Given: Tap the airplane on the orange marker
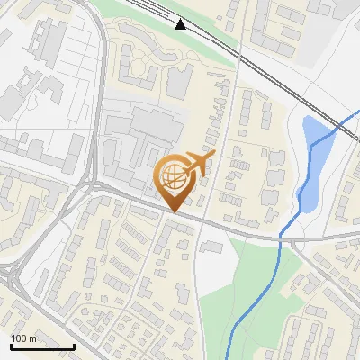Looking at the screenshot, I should click(198, 163).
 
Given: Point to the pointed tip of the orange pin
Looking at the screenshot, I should click(175, 211).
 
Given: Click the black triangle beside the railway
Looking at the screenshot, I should click(181, 24).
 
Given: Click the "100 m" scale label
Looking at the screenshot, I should click(23, 337).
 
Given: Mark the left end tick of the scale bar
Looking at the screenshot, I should click(11, 346).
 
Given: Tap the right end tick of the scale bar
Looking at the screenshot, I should click(74, 346).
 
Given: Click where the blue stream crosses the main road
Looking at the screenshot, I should click(283, 235).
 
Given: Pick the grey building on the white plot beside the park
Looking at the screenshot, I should click(212, 247).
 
